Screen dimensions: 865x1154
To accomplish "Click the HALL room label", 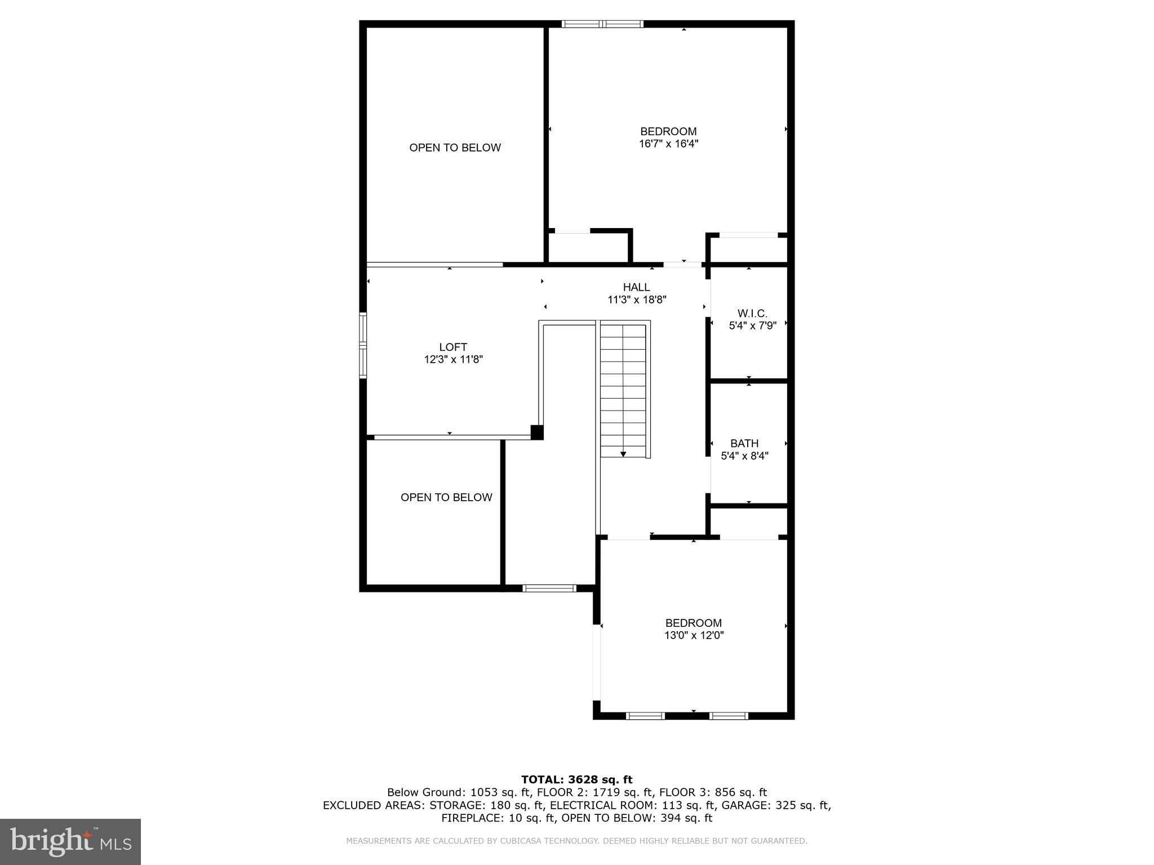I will click(x=636, y=287).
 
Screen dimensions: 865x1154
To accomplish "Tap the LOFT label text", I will click(x=453, y=347).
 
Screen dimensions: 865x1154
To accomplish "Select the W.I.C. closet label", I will click(x=752, y=314).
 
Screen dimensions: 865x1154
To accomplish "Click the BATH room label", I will click(x=744, y=444).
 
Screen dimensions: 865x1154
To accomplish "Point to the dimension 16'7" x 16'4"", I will click(x=668, y=144).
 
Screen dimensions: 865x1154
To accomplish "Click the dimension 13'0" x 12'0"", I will click(x=694, y=635).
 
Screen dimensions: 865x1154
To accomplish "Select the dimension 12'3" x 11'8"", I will click(x=454, y=359).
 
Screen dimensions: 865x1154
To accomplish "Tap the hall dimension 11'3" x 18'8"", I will click(x=637, y=300).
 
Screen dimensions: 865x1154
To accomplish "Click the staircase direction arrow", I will click(x=623, y=453).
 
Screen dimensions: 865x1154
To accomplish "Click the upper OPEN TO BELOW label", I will click(x=455, y=148).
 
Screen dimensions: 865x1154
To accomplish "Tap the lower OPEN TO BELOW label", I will click(x=446, y=497).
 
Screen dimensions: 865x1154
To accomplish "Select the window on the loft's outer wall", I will click(x=363, y=345).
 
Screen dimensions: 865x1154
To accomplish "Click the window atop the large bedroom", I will click(x=602, y=24).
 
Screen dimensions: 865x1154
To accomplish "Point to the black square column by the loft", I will click(x=537, y=432).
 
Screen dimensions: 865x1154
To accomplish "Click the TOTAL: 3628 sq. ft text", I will click(x=576, y=779).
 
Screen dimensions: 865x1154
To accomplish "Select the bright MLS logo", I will click(x=70, y=842).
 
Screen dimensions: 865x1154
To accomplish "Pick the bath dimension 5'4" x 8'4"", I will click(x=744, y=456).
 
